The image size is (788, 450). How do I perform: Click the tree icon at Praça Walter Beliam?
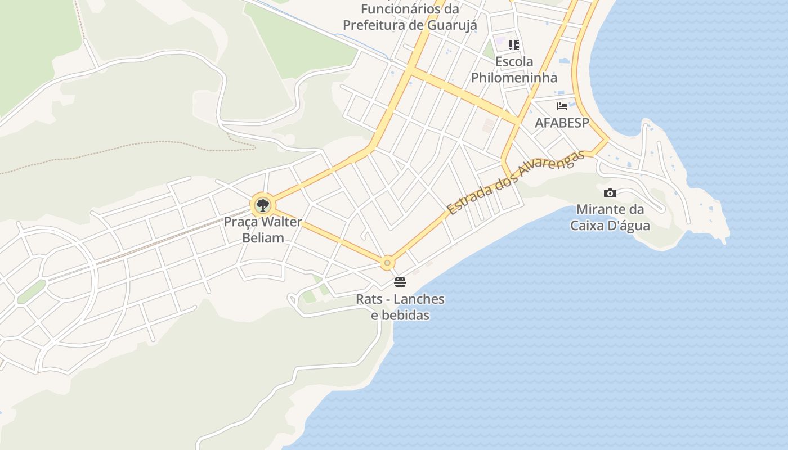tap(262, 205)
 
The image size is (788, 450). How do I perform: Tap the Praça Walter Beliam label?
tap(263, 229)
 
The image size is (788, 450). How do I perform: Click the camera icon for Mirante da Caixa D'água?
tap(610, 193)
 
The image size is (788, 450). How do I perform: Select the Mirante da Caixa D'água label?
tap(610, 218)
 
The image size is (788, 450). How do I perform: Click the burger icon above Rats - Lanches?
tap(400, 282)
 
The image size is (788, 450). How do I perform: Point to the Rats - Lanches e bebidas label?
tap(400, 307)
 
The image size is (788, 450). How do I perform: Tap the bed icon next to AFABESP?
tap(562, 106)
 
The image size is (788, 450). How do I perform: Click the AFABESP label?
tap(561, 123)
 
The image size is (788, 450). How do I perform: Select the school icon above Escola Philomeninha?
tap(513, 44)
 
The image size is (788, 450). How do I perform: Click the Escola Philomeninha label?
tap(514, 69)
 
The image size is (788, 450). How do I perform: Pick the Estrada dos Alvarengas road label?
tap(516, 182)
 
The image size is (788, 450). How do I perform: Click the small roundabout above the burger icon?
tap(387, 263)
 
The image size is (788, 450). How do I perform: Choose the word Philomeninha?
tap(514, 78)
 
